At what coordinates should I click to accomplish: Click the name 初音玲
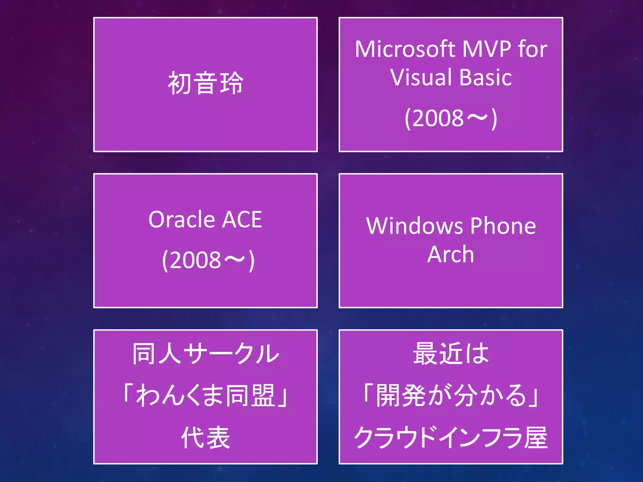tap(206, 83)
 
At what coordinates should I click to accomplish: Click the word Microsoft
tap(405, 49)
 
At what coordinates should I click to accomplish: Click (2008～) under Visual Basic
tap(451, 118)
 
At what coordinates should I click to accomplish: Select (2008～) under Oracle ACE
tap(208, 260)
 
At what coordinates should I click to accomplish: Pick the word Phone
tap(503, 226)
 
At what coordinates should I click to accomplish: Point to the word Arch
tap(451, 254)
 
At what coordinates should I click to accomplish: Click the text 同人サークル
tap(206, 354)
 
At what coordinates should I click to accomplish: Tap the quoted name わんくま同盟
tap(206, 395)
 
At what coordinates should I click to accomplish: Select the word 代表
tap(206, 437)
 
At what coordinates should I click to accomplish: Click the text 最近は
tap(451, 354)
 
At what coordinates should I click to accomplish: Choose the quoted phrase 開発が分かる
tap(451, 395)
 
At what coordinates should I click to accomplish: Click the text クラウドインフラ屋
tap(451, 437)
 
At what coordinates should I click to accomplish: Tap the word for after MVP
tap(533, 49)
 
